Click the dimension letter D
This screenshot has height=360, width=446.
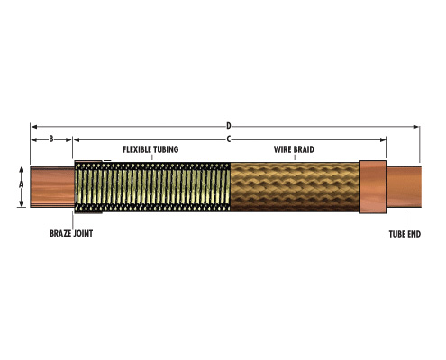pos(229,126)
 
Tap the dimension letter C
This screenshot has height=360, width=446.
pos(229,139)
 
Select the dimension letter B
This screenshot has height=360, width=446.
pos(51,139)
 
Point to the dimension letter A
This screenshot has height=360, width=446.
pos(21,185)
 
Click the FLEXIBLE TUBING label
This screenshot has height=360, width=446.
pos(150,149)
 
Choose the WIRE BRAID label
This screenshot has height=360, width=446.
pos(294,149)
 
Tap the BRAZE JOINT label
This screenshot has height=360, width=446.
pos(71,233)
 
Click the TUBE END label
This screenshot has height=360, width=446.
pos(405,234)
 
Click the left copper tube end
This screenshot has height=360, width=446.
pos(52,187)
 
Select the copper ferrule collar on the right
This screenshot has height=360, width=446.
pos(372,187)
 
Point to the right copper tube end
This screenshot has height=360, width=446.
pos(404,187)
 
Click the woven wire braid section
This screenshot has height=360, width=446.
pos(295,187)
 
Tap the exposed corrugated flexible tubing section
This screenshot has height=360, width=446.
pos(152,187)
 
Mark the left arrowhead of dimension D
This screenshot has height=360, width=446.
pos(34,127)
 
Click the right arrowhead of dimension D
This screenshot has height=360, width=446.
pos(416,127)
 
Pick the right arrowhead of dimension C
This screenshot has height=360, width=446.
pos(383,139)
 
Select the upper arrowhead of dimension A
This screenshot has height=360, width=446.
pos(21,169)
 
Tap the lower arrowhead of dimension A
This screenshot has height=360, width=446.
pos(21,203)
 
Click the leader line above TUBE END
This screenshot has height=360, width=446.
pos(405,220)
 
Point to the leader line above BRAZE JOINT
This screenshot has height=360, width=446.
pos(72,220)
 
